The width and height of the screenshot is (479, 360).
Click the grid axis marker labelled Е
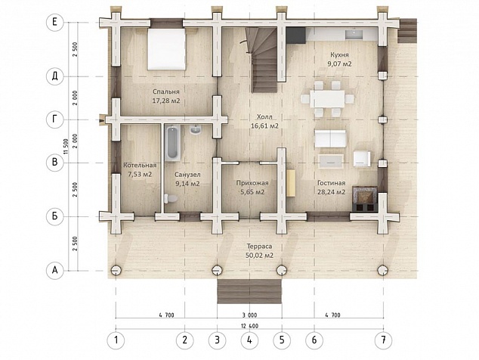54,23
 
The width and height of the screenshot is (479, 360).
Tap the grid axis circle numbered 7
383,340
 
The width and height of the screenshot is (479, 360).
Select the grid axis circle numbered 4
249,340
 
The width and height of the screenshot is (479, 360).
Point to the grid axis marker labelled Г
54,119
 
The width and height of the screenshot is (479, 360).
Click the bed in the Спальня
167,49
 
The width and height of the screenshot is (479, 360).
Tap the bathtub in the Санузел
172,143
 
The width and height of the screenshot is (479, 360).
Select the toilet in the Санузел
171,199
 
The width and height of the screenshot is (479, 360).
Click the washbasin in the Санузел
195,130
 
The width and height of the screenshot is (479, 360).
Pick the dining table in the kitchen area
327,98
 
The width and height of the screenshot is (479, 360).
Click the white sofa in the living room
330,138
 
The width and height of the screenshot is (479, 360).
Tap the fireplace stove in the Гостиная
365,199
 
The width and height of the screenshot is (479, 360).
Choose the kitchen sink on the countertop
354,35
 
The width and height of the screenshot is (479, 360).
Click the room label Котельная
140,165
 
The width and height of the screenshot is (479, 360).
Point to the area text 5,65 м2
252,192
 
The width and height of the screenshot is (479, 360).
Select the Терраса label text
259,247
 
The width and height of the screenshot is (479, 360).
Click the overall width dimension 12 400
249,326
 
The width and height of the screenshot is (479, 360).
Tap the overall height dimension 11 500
65,147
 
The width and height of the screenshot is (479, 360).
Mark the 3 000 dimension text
249,315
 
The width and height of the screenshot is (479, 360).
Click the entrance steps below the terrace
249,291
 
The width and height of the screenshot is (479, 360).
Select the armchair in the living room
362,159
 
